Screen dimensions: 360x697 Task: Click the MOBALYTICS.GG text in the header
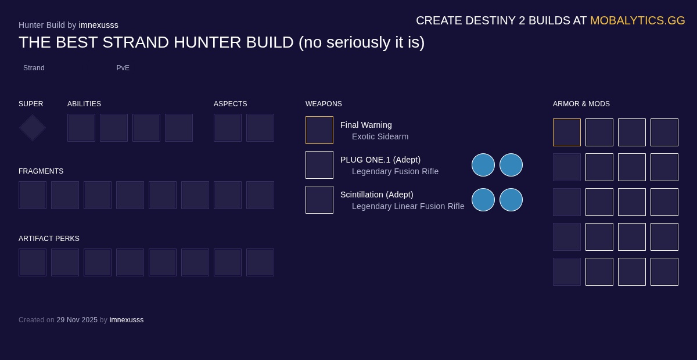[637, 20]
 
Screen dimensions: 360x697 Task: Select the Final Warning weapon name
[366, 125]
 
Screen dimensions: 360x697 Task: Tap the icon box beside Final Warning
[319, 130]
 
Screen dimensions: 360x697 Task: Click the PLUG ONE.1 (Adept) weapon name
[380, 160]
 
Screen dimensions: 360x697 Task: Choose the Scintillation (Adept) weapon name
[377, 195]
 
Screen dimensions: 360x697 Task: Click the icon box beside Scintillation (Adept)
[319, 200]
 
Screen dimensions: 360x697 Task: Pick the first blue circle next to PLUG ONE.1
[483, 165]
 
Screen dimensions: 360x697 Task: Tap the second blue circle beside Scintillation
[511, 200]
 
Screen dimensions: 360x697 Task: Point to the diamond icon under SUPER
[33, 128]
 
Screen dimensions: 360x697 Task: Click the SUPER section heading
[31, 104]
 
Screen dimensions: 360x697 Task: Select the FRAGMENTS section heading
[41, 171]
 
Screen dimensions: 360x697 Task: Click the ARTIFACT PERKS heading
[49, 239]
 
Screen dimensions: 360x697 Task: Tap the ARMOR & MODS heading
[581, 104]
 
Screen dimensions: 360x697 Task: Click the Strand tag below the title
[34, 68]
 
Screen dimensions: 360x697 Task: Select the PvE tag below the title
[123, 68]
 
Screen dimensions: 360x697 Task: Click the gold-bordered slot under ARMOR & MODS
[567, 132]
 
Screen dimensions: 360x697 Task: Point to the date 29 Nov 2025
[77, 320]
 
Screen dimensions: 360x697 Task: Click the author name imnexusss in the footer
[127, 320]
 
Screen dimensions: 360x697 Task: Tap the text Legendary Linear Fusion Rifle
[408, 206]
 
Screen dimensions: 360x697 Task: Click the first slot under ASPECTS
[228, 128]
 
